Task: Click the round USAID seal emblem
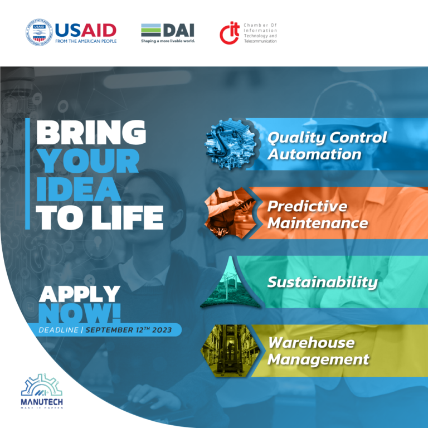[39, 32]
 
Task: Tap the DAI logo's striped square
[150, 30]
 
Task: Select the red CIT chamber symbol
[229, 33]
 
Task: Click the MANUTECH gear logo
[42, 385]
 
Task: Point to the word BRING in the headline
[91, 133]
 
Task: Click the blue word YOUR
[88, 161]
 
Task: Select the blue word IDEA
[79, 189]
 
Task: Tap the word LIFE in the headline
[128, 217]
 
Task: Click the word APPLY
[80, 294]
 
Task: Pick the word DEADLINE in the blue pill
[59, 330]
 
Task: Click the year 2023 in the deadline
[162, 330]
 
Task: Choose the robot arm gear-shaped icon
[231, 144]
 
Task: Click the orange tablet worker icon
[230, 213]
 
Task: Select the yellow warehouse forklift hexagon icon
[230, 351]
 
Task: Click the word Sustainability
[322, 282]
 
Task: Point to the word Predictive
[307, 206]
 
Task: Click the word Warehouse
[311, 343]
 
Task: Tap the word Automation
[314, 154]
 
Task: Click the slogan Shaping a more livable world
[168, 41]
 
